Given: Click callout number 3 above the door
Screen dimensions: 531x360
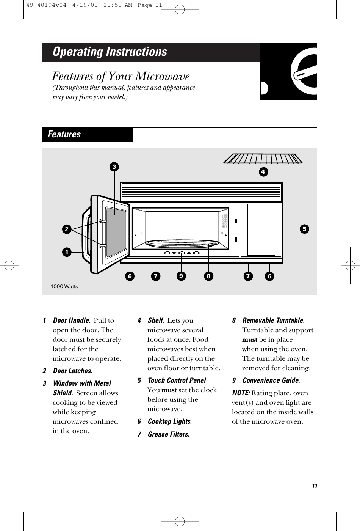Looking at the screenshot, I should point(113,167).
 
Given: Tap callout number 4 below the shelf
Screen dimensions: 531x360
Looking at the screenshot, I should point(263,172).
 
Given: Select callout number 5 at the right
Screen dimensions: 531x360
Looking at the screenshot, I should point(304,229).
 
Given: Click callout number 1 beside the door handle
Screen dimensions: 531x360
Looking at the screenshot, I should point(67,251).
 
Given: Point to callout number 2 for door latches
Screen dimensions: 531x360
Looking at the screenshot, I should point(67,229).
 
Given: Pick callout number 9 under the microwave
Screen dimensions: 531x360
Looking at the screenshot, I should point(181,276).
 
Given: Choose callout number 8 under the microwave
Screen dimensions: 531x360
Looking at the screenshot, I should point(208,276).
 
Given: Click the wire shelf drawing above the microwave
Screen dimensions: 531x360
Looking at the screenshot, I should point(263,158).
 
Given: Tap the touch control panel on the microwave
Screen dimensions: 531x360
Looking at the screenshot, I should point(261,229).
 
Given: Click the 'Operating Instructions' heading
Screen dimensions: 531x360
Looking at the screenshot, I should point(110,52).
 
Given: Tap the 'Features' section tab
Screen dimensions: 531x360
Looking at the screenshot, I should point(64,135).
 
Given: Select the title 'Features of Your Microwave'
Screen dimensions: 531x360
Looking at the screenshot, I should point(121,77).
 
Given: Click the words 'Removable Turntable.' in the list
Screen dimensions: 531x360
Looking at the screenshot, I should point(273,321).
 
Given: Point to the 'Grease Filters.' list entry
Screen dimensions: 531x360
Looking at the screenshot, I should point(169,434).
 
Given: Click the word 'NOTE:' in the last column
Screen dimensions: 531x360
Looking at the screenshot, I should point(241,393).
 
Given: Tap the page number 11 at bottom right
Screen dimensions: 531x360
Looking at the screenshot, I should point(314,486).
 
